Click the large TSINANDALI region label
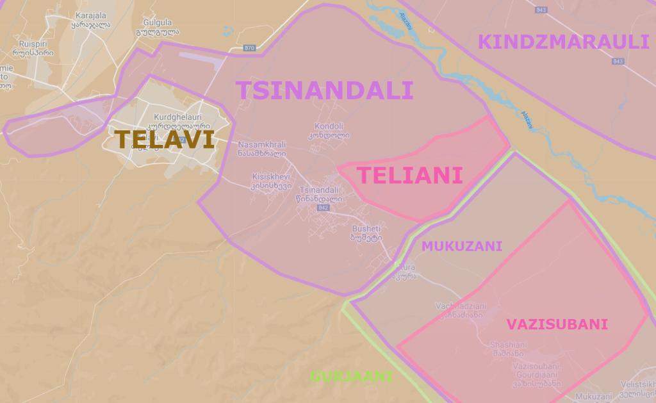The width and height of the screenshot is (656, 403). pos(324,90)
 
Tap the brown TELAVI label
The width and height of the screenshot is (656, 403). pos(164,139)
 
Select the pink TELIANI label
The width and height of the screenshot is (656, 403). pos(409,175)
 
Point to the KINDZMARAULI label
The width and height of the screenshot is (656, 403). pos(564,42)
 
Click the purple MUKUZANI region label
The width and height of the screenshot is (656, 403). pos(461,246)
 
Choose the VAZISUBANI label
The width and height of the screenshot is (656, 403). pos(557,324)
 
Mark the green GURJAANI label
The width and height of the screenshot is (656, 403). pos(352,376)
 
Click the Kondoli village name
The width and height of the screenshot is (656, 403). pos(330,126)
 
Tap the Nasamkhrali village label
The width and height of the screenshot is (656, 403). pos(261,144)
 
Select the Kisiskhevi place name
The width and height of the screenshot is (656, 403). pos(271,177)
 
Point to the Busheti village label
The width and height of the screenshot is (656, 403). pos(366,229)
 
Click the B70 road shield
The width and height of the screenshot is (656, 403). pos(250,48)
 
